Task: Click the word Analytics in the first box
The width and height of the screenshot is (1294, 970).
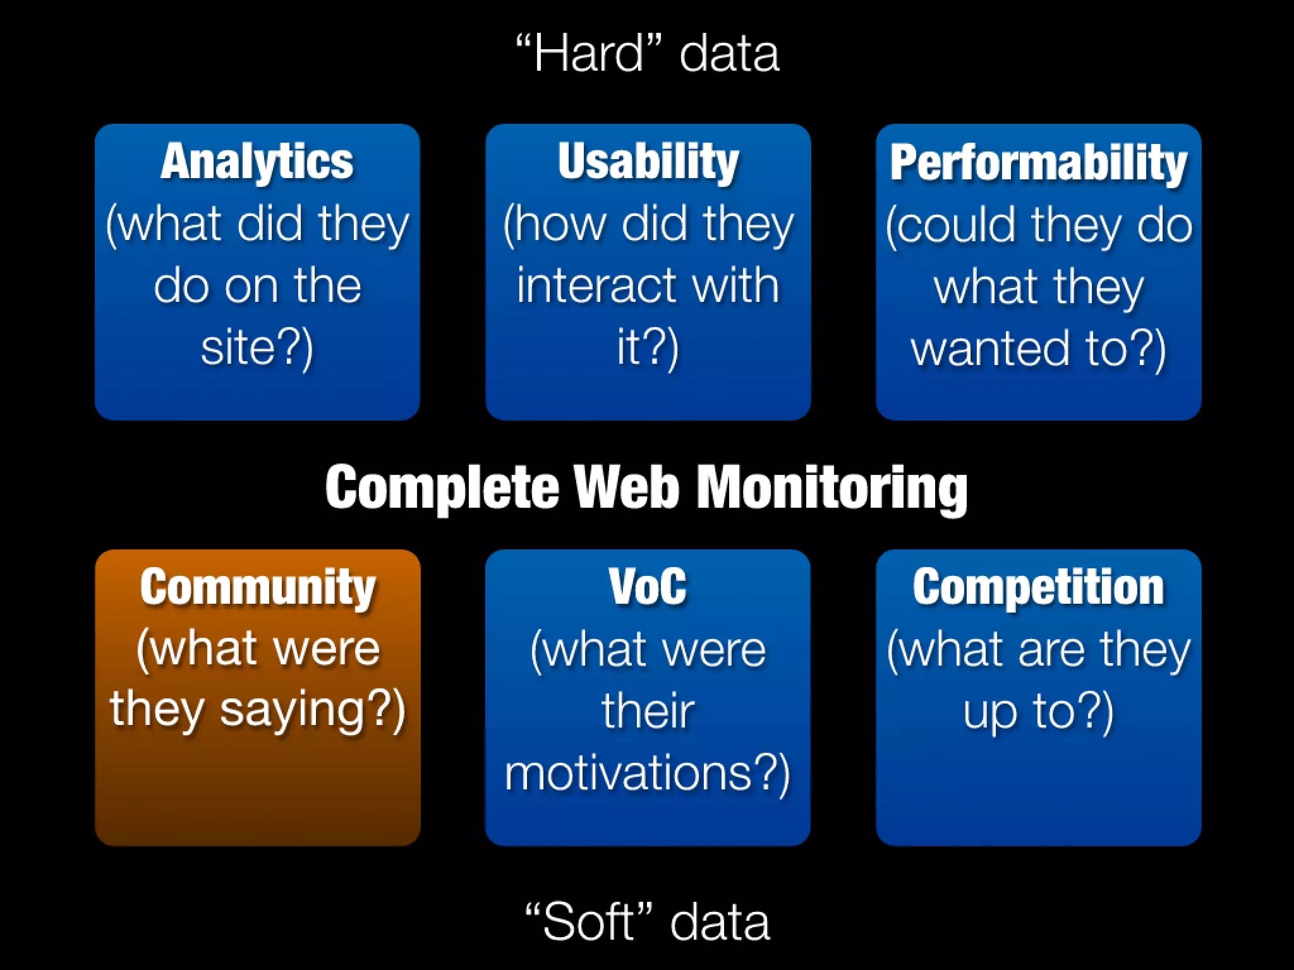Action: (257, 162)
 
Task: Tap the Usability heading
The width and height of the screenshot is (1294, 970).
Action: (648, 162)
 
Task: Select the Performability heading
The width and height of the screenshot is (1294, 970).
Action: (1038, 163)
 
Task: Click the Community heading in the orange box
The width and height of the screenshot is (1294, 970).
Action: (258, 587)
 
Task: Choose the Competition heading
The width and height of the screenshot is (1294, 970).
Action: (1038, 587)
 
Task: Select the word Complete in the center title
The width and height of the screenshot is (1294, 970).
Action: (442, 488)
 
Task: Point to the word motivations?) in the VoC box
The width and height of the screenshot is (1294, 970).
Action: (648, 774)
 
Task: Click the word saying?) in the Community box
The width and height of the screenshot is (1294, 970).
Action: (312, 711)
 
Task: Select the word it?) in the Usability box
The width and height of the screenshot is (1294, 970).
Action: (648, 349)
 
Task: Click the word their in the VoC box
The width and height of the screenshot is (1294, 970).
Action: (648, 711)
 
